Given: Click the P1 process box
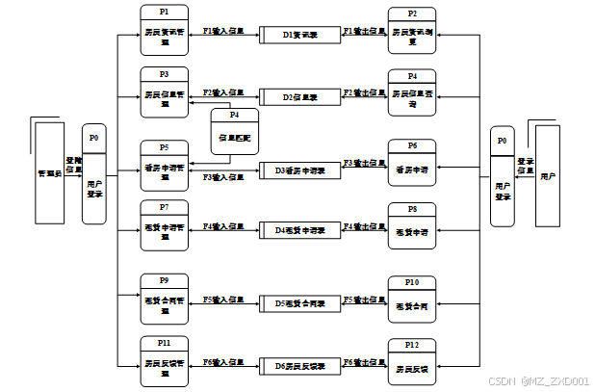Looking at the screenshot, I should click(165, 30).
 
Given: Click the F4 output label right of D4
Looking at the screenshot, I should click(364, 226).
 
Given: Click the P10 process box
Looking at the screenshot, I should click(412, 300).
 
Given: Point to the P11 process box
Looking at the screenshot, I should click(165, 358).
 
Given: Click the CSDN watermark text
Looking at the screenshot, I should click(538, 380).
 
